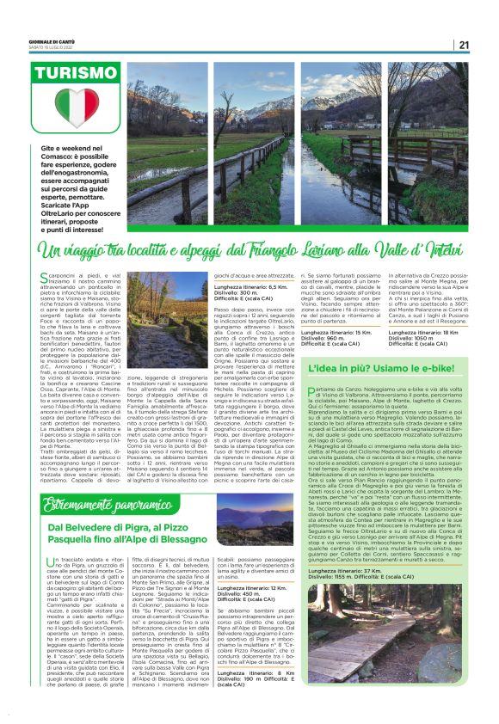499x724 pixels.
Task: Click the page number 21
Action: (464, 46)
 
